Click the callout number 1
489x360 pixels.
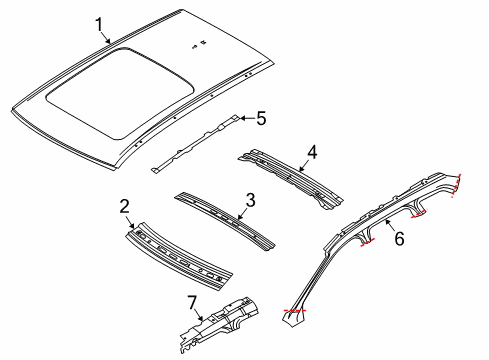click(x=99, y=24)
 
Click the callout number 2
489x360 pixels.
click(x=125, y=207)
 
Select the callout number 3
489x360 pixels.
click(x=251, y=201)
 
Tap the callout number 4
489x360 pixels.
click(x=312, y=153)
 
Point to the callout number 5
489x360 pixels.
click(x=261, y=119)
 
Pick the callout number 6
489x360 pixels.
click(x=399, y=240)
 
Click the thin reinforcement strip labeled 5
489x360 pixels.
click(x=195, y=143)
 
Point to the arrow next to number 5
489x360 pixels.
click(x=245, y=119)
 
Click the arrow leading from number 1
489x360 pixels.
click(x=108, y=37)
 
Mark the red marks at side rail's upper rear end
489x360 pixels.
click(x=458, y=184)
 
